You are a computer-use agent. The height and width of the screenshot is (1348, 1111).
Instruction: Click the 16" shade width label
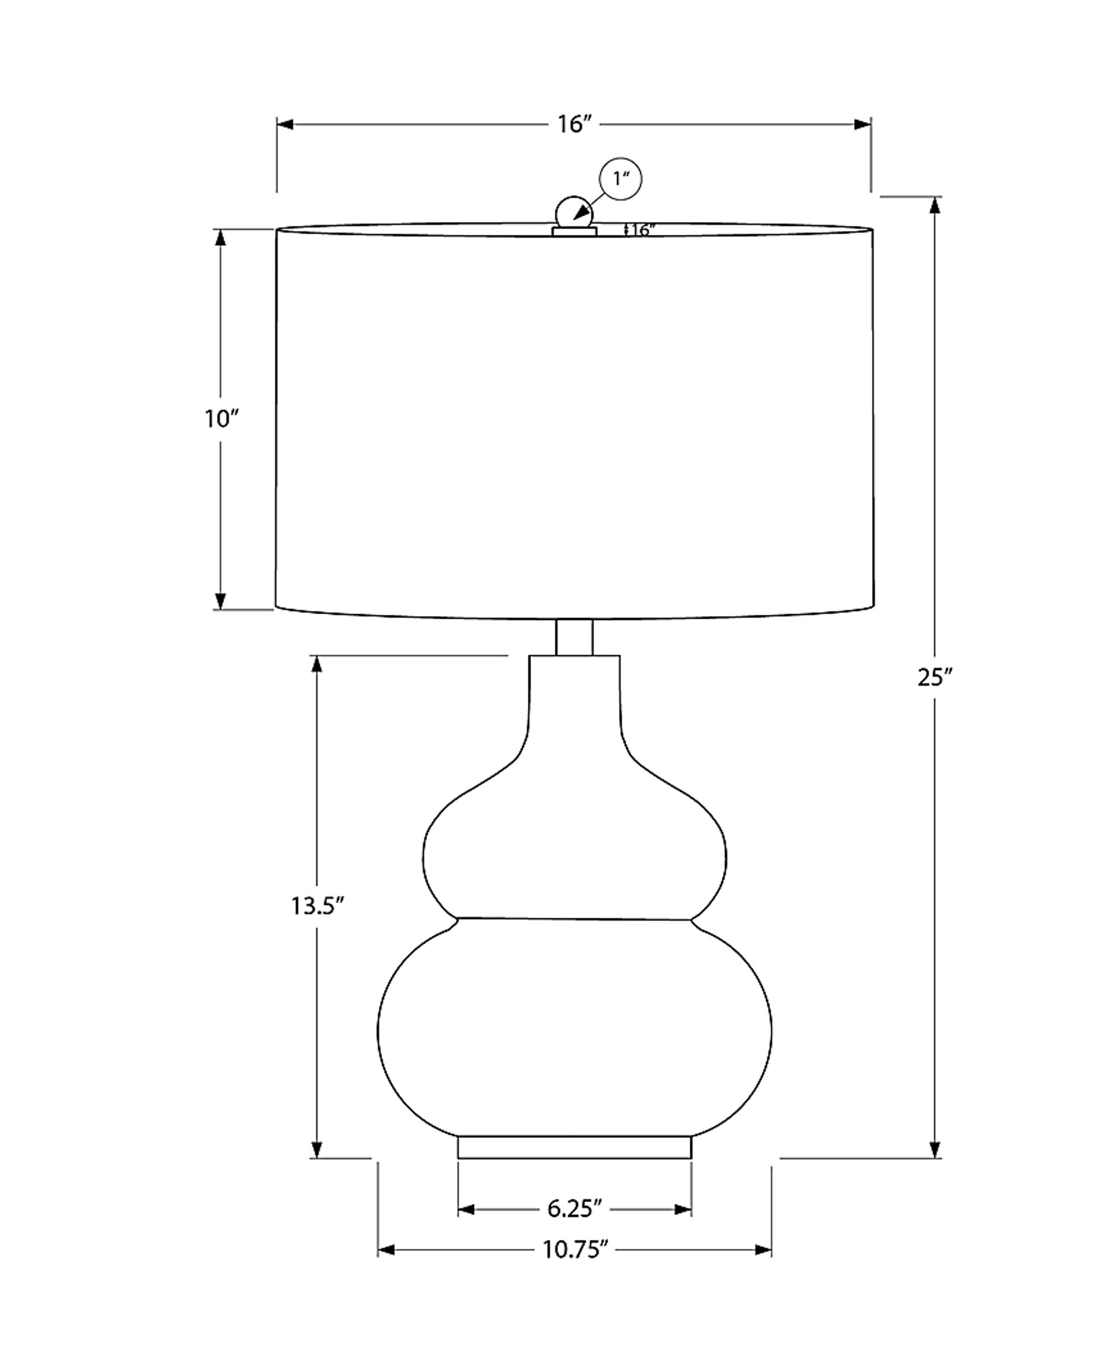(x=573, y=124)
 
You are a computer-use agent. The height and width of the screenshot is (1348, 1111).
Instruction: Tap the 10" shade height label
(x=222, y=419)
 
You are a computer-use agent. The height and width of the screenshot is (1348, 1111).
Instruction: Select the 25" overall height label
(x=935, y=677)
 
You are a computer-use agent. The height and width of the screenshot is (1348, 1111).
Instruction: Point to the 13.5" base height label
(x=318, y=906)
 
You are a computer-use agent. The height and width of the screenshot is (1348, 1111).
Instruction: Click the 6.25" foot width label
(x=575, y=1209)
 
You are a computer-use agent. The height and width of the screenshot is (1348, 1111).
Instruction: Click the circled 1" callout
(x=620, y=179)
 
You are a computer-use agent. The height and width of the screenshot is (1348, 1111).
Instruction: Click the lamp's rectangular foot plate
(x=575, y=1147)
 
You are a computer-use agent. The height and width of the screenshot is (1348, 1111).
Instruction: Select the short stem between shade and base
(x=574, y=637)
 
